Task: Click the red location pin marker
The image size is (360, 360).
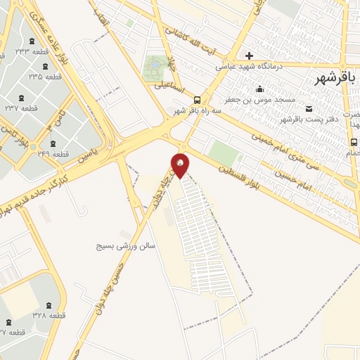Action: (181, 166)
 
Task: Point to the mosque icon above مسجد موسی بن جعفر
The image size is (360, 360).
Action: (260, 89)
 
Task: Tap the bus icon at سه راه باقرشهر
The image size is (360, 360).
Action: (197, 100)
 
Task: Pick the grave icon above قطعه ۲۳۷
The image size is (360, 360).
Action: (19, 96)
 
